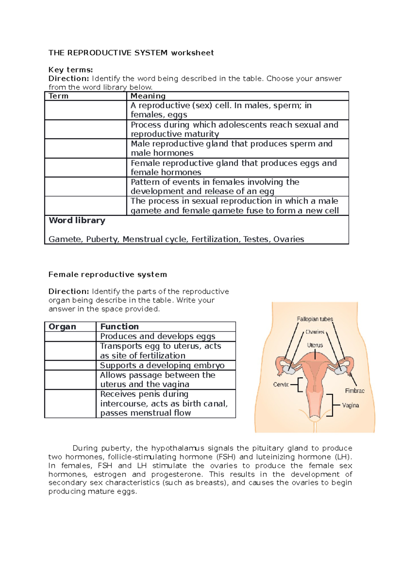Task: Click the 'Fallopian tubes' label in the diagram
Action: tap(315, 319)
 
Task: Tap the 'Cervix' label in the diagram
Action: tap(281, 384)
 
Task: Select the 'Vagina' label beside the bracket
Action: tap(350, 405)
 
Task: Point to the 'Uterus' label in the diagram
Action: tap(315, 345)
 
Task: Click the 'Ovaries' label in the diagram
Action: tap(315, 332)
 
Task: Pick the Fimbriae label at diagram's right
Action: tap(355, 391)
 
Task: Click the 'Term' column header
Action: tap(58, 96)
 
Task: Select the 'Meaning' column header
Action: tap(148, 96)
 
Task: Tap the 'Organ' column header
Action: tap(62, 327)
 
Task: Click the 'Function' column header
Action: tap(119, 327)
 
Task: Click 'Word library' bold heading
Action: tap(77, 220)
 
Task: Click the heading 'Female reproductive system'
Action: tap(108, 274)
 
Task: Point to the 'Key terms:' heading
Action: tap(71, 70)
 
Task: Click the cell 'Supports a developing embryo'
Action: tap(162, 365)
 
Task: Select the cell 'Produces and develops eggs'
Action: tap(158, 336)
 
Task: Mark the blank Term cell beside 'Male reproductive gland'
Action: tap(86, 149)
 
